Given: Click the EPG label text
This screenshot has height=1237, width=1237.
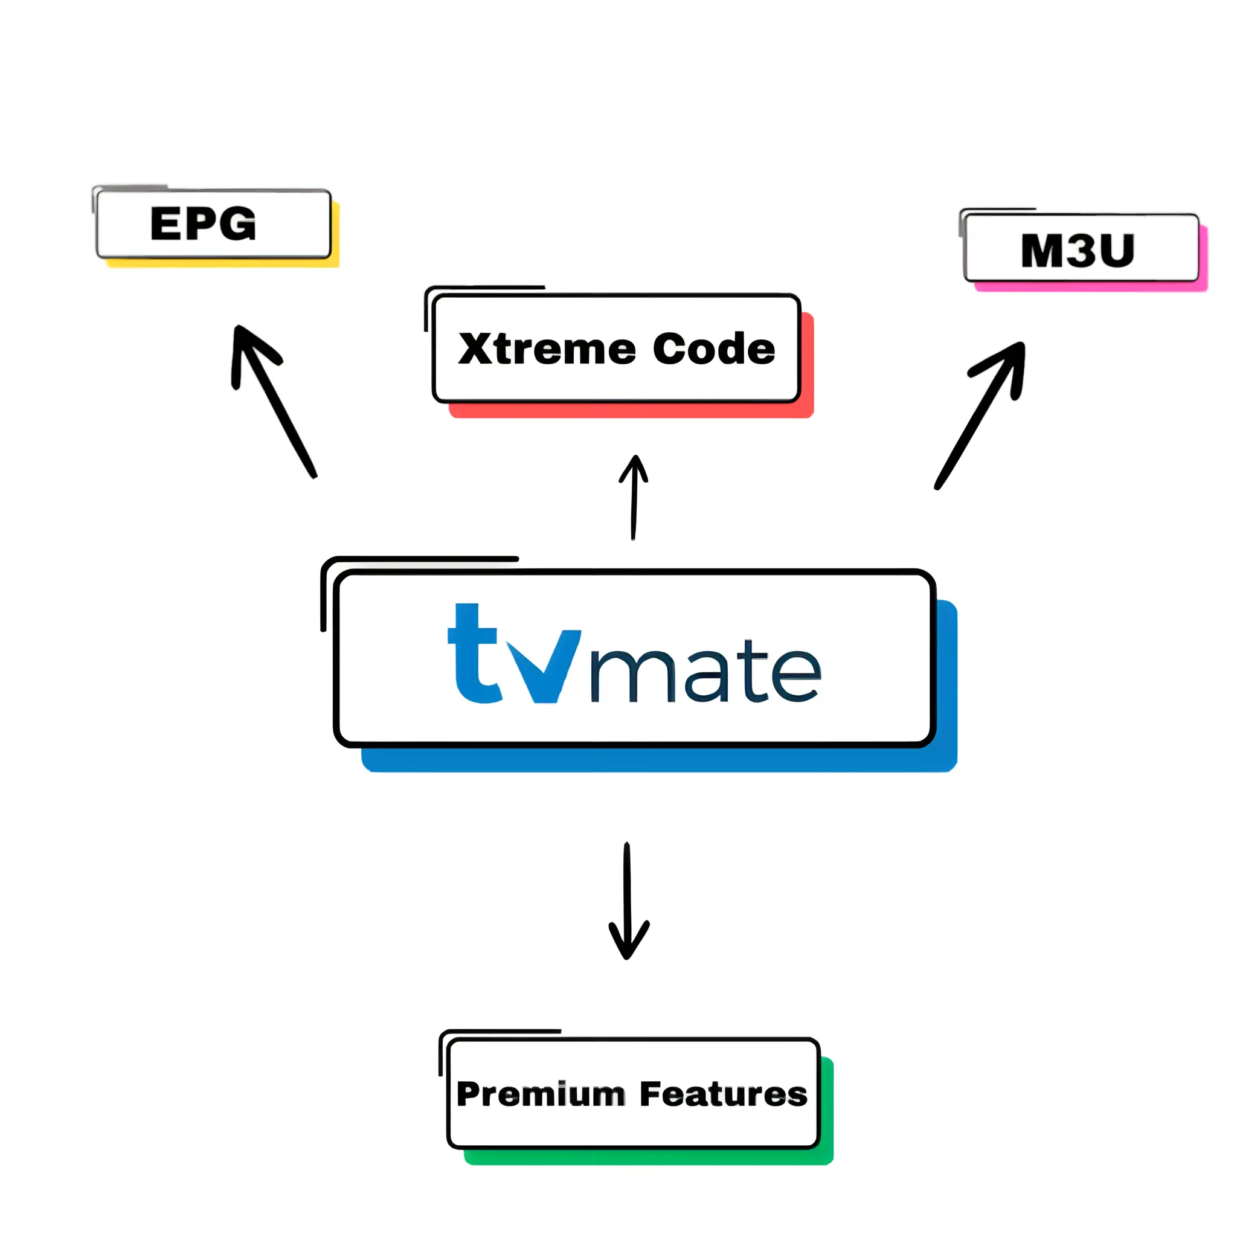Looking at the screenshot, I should point(203,223).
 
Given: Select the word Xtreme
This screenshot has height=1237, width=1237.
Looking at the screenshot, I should point(547,349).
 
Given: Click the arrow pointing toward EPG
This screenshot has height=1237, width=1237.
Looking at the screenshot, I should point(275,403).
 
